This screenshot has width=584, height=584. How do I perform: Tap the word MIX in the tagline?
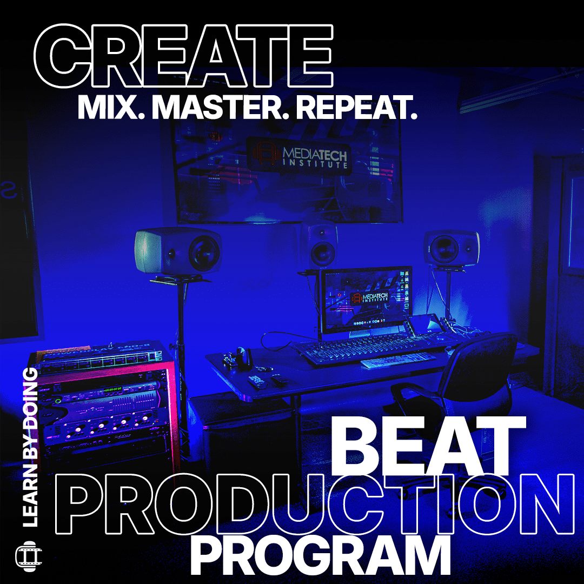click(107, 108)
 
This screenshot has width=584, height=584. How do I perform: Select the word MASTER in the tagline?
click(220, 108)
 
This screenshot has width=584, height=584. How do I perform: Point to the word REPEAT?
click(357, 108)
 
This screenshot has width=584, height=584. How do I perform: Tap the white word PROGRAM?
click(320, 556)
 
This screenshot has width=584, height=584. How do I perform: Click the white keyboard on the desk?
click(398, 360)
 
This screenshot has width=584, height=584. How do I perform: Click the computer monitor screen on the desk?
click(366, 300)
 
